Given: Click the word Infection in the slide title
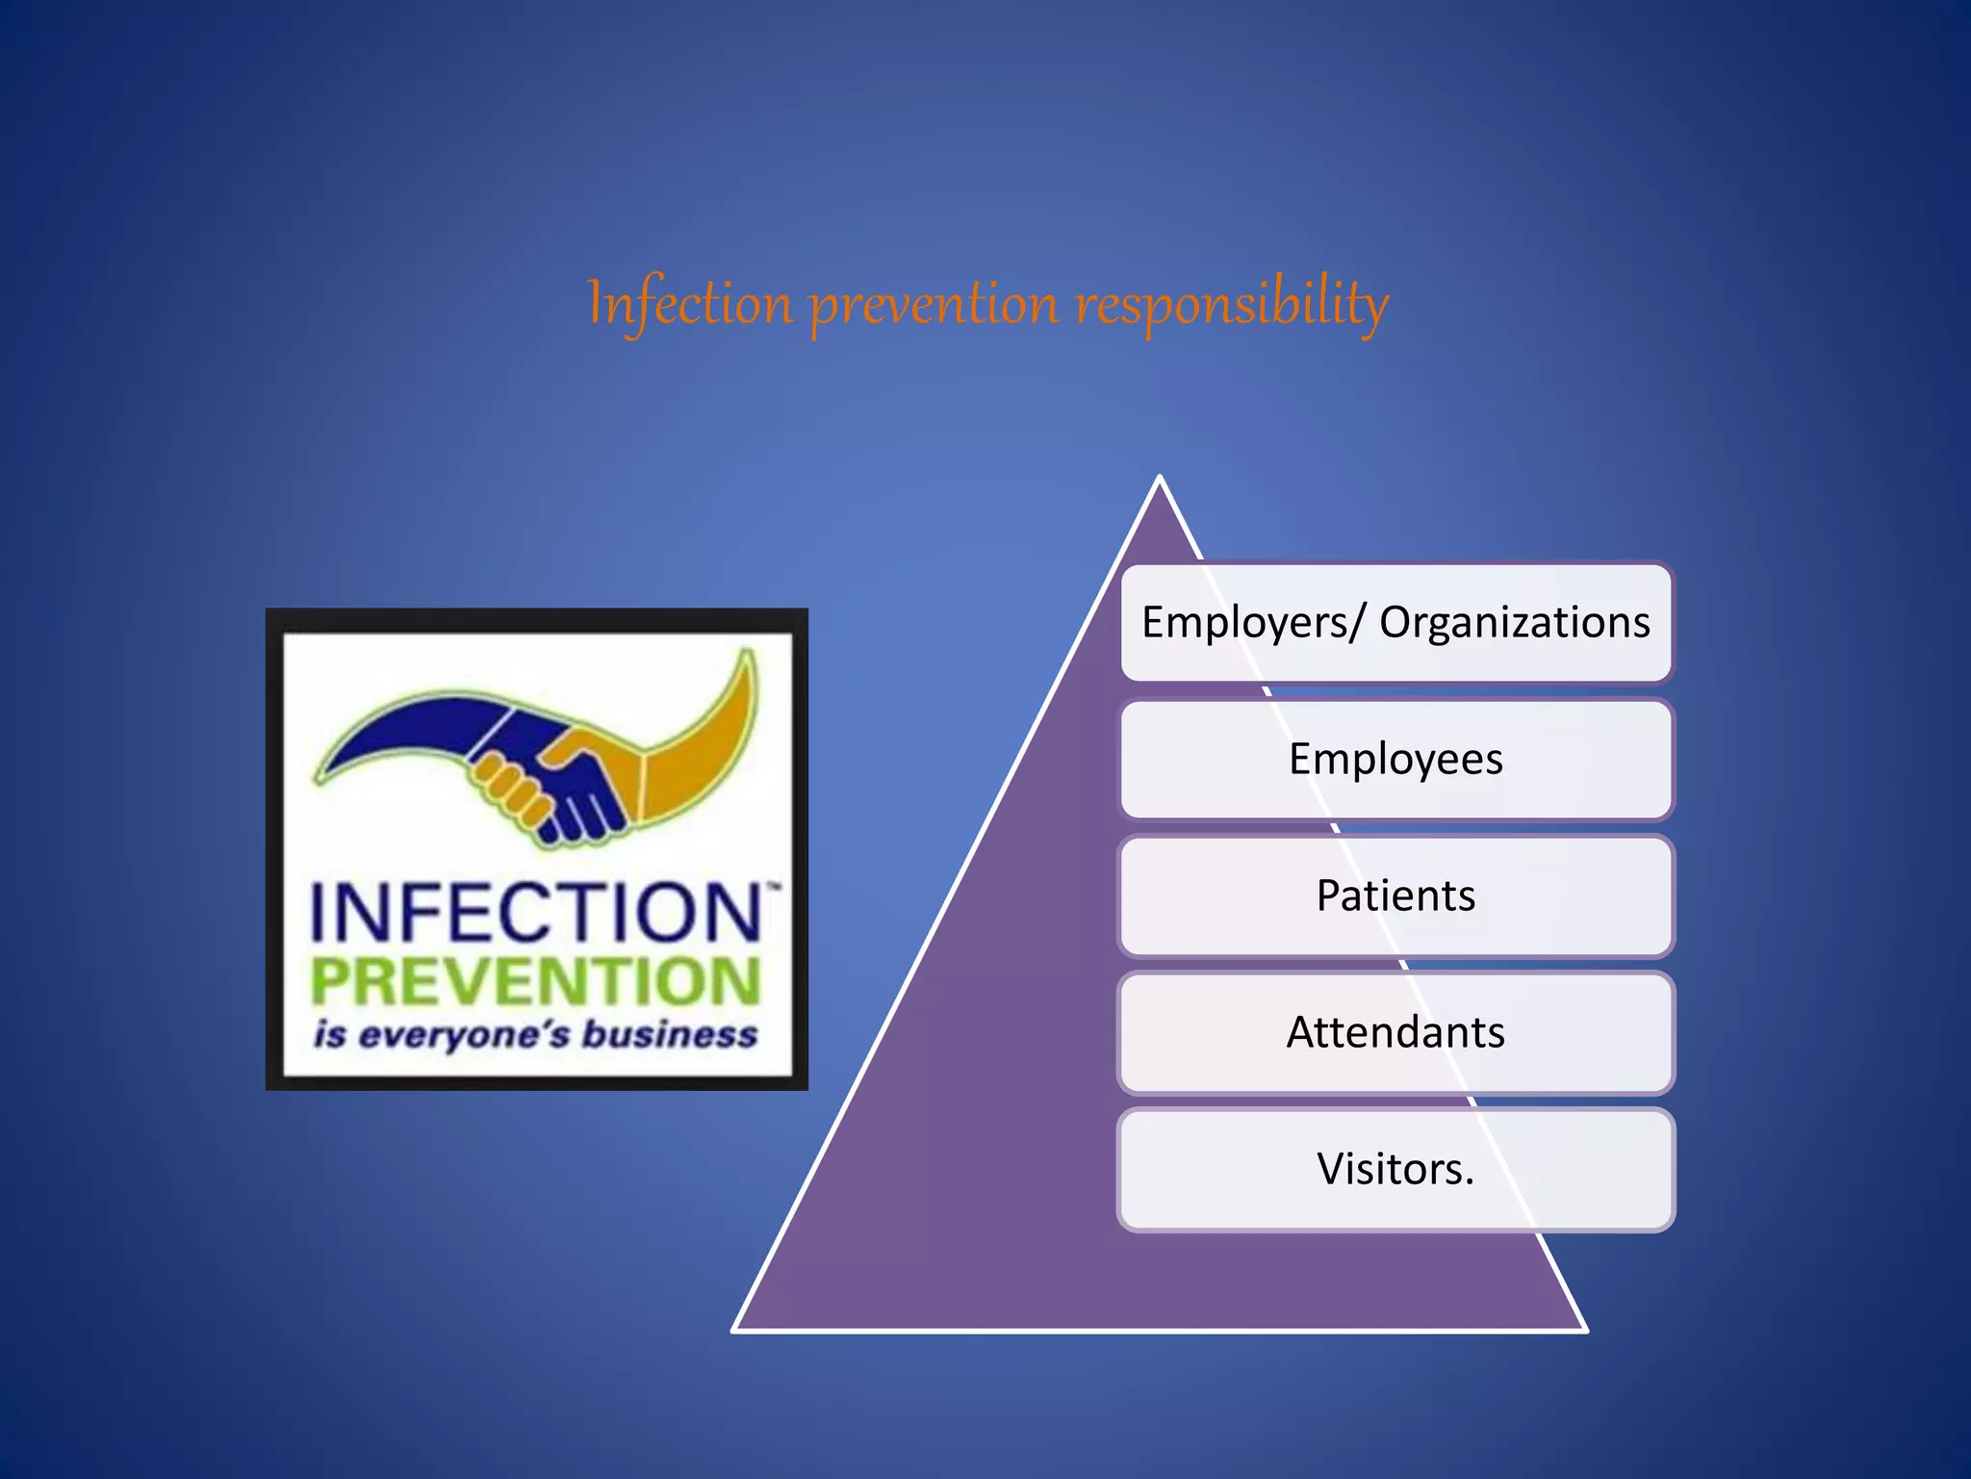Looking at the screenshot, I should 689,304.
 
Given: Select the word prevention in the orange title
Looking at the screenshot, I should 934,306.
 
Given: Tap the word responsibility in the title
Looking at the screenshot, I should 1232,304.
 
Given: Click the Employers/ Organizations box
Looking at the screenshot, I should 1395,622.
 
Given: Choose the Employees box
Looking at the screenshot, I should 1395,759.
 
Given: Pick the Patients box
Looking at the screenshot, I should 1395,895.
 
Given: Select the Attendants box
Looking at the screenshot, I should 1395,1032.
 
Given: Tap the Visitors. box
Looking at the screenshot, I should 1395,1169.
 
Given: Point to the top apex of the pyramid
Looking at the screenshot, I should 1160,479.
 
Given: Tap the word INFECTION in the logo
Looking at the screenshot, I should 536,913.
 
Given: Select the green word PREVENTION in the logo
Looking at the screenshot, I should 536,982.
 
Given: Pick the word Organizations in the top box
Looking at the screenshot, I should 1515,622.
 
